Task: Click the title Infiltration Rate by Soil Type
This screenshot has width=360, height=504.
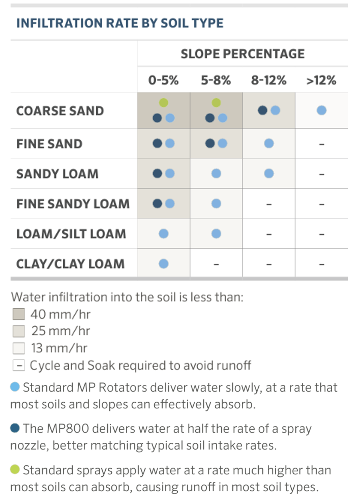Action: [x=120, y=23]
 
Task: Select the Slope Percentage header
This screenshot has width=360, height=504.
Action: [x=242, y=54]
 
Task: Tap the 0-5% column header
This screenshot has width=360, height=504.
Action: [x=163, y=80]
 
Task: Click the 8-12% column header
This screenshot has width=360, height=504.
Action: [x=269, y=80]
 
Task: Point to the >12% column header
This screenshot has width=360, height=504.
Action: [x=321, y=80]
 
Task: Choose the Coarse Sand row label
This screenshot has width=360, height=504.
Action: [x=60, y=111]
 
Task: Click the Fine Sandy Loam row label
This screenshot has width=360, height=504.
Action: [x=73, y=204]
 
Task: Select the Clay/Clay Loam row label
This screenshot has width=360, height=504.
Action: [x=70, y=264]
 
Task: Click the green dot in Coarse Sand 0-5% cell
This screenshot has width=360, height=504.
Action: [x=163, y=103]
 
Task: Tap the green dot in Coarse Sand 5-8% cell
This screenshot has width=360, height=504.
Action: [x=216, y=103]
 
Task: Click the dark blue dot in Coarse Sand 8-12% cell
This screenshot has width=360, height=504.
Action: [x=262, y=110]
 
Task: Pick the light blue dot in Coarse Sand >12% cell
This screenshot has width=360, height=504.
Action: [x=322, y=110]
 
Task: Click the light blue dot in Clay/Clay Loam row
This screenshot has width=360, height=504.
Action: [x=163, y=264]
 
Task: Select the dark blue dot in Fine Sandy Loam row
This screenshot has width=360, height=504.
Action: [x=157, y=204]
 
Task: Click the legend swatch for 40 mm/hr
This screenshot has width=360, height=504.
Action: [x=19, y=314]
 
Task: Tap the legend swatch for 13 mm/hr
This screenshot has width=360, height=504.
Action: [x=19, y=348]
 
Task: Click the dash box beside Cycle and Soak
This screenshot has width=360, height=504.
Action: [x=19, y=365]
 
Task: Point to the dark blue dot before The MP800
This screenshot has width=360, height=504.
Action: [x=15, y=428]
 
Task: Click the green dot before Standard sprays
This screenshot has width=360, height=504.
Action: [x=15, y=469]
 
